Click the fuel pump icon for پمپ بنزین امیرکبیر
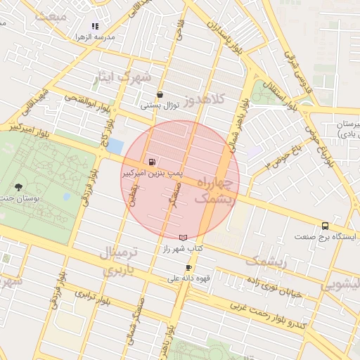152,161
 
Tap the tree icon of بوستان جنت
18,187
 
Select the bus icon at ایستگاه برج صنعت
325,226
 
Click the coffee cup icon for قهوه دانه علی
188,267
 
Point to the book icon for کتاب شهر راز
184,238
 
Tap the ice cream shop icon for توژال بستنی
160,95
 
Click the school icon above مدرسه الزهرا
95,26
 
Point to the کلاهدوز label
204,98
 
